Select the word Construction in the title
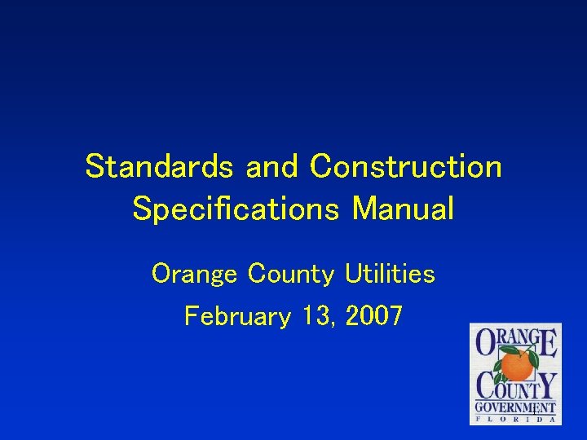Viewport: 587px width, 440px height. tap(405, 167)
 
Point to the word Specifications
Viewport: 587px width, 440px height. tap(236, 209)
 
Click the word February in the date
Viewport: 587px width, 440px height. tap(236, 315)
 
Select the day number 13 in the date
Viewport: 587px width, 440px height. tap(318, 315)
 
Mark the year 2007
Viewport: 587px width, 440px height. tap(373, 315)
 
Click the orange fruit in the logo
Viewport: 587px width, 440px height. tap(516, 366)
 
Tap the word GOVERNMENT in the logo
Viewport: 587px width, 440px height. tap(516, 407)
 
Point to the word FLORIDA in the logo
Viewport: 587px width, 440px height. tap(516, 419)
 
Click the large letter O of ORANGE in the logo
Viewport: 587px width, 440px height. tap(488, 342)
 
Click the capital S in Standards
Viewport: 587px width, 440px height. tap(96, 167)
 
